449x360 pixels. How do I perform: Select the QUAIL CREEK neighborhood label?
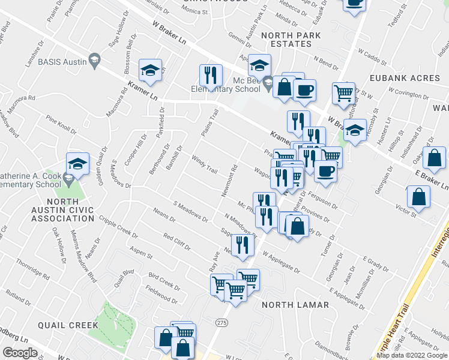[67, 325]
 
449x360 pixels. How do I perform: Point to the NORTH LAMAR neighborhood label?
[295, 305]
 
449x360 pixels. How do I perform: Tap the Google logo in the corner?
[19, 352]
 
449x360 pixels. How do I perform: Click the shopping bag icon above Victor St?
[418, 196]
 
